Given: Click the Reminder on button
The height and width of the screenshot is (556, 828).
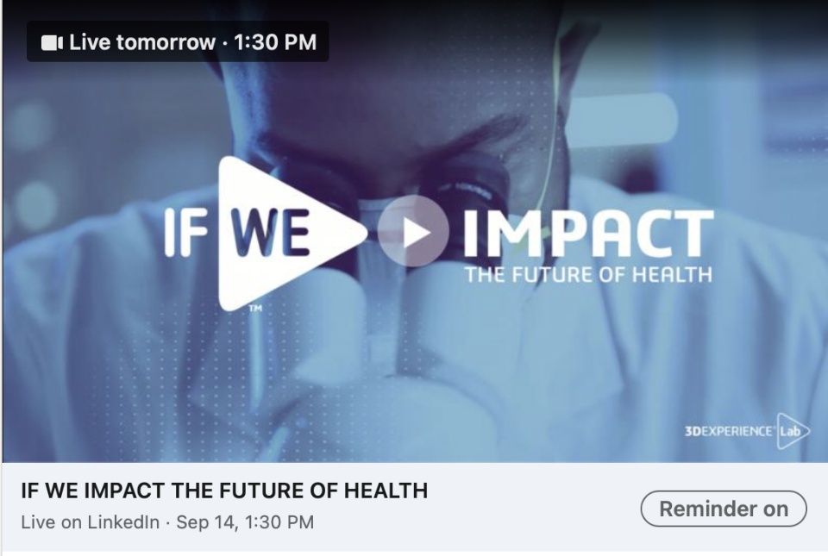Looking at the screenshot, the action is pos(724,509).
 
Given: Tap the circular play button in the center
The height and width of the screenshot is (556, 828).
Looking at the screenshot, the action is pos(413,231).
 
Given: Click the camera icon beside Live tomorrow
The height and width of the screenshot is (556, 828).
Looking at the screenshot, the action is pos(52,43).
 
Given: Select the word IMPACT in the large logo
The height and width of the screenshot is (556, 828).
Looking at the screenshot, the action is pos(588,234).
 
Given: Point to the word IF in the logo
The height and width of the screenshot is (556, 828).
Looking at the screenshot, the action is pos(185,233).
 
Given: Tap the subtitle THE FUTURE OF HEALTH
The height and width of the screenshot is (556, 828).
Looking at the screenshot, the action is pos(588,275).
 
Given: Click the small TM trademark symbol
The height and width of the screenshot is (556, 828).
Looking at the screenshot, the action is pos(255,309).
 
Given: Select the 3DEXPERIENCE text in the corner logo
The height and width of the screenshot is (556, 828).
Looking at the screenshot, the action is pos(729,432).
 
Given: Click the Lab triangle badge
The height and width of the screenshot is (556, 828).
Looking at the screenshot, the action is pos(791,431).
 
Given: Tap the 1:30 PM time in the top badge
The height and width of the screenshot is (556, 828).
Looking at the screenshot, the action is pos(275,42).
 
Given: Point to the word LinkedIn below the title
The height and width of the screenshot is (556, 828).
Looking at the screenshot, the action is pos(123,522).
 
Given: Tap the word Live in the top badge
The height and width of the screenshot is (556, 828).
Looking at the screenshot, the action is pos(90,42).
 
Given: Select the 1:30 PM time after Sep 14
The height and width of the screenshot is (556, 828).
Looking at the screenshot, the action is pos(279,522).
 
